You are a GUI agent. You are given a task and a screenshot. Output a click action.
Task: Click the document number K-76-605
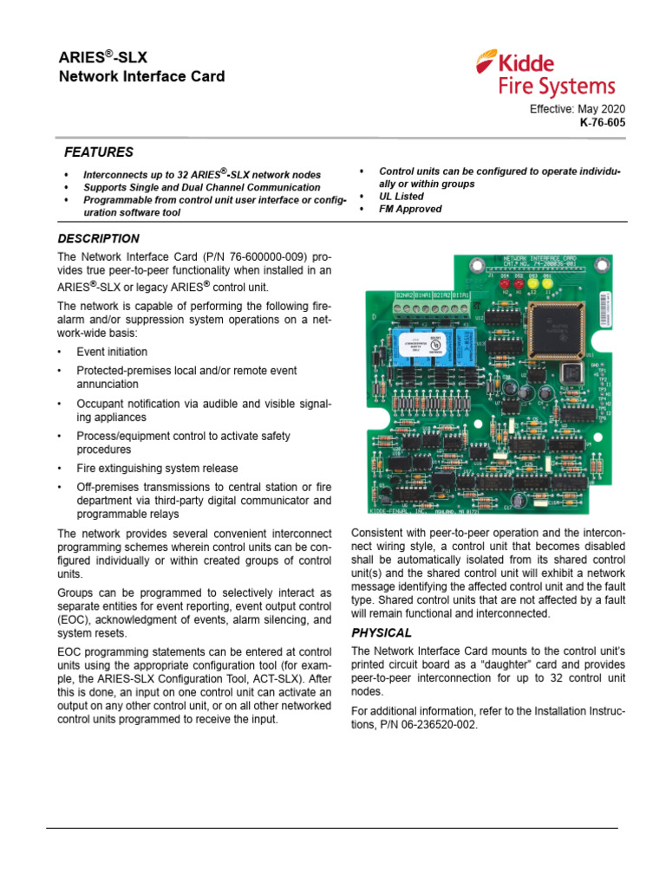[x=602, y=123]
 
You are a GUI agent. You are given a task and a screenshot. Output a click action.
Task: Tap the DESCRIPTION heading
[x=98, y=238]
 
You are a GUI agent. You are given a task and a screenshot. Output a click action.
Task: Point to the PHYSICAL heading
[x=381, y=632]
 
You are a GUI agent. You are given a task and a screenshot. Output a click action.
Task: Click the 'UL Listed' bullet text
[x=402, y=197]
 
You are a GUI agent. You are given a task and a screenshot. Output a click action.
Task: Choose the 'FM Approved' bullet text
[x=410, y=209]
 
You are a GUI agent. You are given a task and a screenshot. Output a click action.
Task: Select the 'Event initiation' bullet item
[x=112, y=352]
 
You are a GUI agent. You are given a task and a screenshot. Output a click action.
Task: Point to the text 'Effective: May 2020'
[x=577, y=109]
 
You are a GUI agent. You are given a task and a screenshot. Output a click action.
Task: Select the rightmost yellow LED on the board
[x=548, y=283]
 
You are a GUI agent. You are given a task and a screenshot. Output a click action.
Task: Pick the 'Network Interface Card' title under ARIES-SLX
[x=141, y=76]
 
